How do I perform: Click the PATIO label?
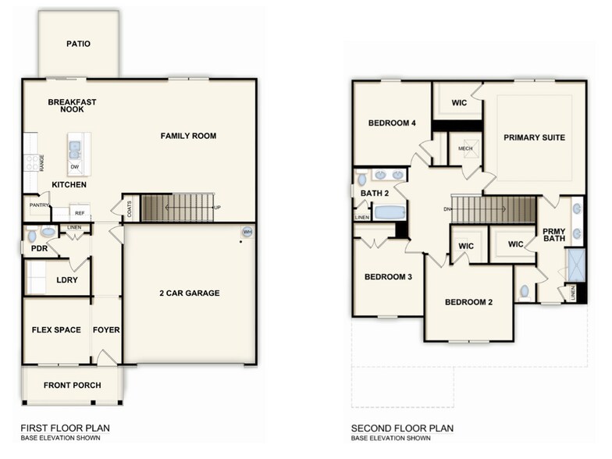pos(77,44)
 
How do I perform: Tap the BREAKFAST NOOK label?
pos(71,105)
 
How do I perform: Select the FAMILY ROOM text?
pos(188,136)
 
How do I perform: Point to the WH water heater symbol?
pos(247,232)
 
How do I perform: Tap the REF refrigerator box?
pos(79,212)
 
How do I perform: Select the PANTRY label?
pos(39,205)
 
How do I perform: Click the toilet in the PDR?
pos(32,235)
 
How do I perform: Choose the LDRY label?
pos(66,279)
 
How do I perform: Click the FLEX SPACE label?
pos(56,329)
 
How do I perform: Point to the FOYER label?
pos(106,329)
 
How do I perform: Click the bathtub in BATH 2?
pos(390,212)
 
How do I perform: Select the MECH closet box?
pos(465,148)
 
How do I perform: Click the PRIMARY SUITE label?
pos(534,137)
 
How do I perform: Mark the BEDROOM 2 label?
pos(468,302)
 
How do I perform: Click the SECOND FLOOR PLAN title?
pos(402,428)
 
